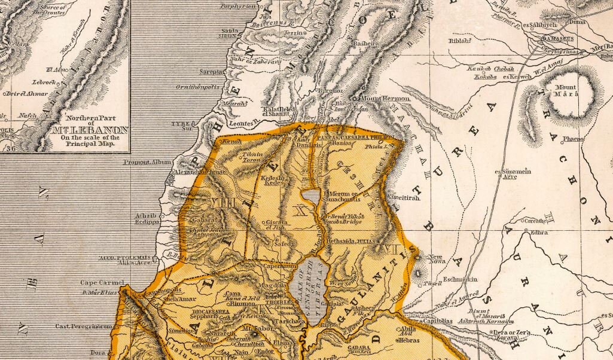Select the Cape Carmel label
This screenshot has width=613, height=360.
102,282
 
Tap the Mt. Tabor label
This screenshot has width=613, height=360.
254,328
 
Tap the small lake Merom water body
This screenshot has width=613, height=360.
310,196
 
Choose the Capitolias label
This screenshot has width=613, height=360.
438,321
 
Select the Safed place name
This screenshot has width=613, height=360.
279,243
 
